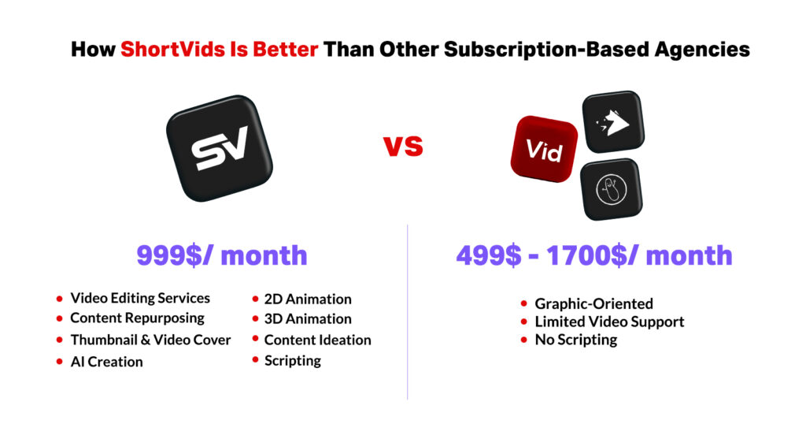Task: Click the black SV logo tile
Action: point(220,148)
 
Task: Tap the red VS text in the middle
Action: point(404,146)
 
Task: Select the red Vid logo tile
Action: point(544,149)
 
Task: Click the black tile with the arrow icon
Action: point(612,122)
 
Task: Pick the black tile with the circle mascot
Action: point(611,189)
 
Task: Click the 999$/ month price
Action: point(221,255)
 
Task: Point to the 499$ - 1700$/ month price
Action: point(594,255)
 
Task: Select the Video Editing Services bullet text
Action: point(140,299)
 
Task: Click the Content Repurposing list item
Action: point(137,318)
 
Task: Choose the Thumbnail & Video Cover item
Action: point(150,340)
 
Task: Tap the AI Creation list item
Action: point(106,362)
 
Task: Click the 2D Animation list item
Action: point(308,299)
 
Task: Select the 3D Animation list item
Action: point(308,319)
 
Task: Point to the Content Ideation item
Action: point(318,340)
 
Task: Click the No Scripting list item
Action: point(576,340)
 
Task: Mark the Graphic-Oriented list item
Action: point(594,303)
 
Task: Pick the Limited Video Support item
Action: point(610,322)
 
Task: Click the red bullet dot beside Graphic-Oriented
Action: point(523,304)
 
